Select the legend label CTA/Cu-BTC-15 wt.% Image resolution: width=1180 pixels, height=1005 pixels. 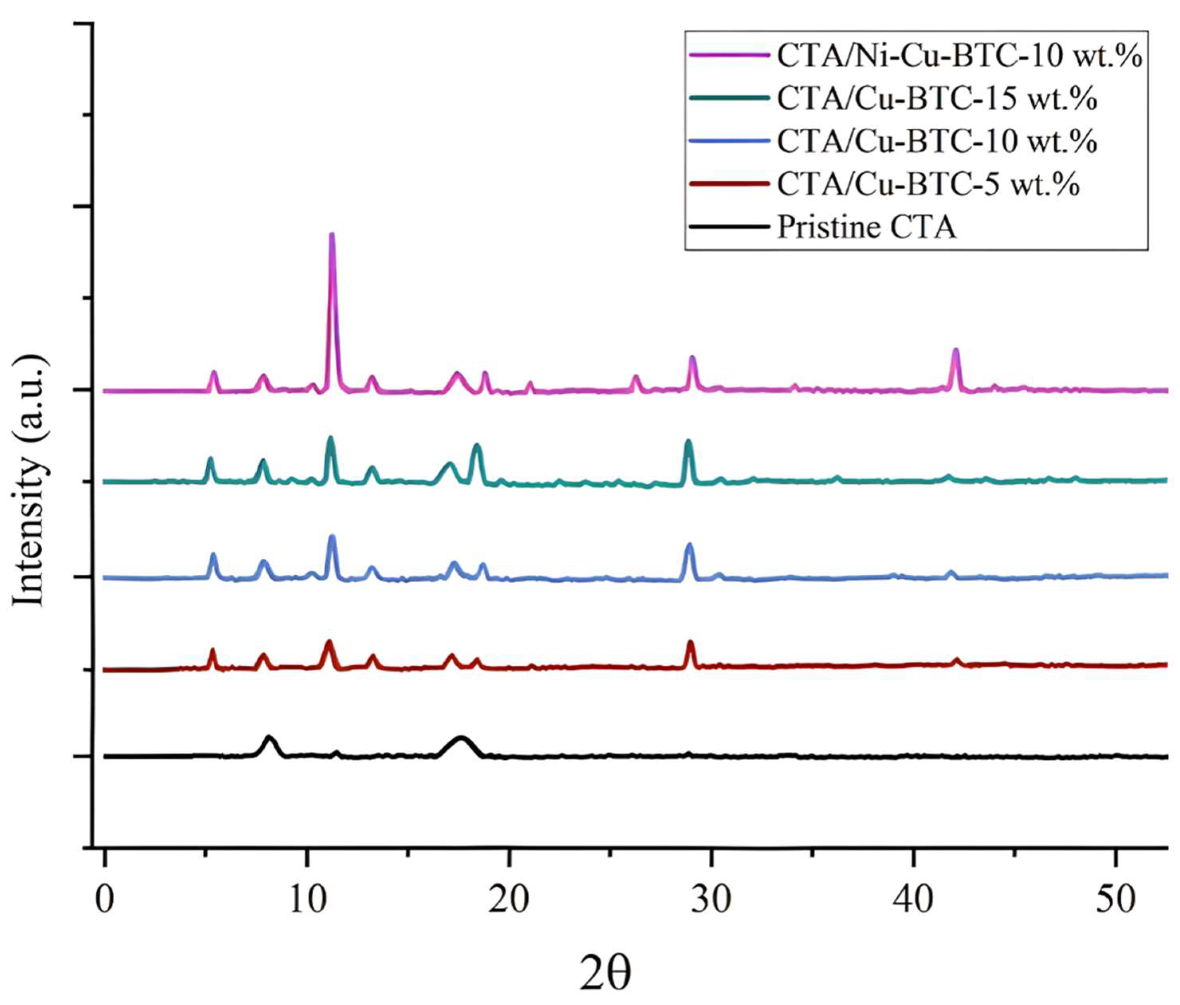(x=937, y=99)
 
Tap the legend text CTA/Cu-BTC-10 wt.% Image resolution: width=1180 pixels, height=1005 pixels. (x=937, y=141)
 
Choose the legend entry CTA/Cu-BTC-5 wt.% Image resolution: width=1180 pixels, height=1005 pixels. (x=928, y=184)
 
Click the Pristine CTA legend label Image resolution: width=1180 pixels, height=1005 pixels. (x=866, y=227)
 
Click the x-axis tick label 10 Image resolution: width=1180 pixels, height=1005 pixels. (x=307, y=900)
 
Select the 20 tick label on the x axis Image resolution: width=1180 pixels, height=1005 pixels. (x=509, y=900)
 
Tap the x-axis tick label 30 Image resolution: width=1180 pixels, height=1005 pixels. (x=711, y=900)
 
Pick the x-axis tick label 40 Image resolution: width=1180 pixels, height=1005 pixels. (x=913, y=900)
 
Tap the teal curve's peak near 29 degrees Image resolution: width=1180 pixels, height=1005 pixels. (x=688, y=441)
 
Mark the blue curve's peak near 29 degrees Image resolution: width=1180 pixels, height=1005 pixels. (x=690, y=545)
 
